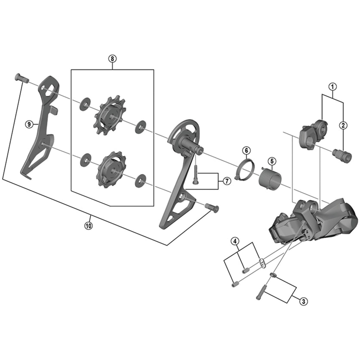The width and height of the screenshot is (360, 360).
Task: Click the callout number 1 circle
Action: [332, 85]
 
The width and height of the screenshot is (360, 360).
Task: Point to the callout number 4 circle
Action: [235, 241]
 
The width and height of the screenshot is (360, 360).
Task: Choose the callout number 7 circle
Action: [226, 181]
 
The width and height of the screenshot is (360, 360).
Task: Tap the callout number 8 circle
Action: [112, 58]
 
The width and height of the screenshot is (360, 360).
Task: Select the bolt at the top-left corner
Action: [21, 79]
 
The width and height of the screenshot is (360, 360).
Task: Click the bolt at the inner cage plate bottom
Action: [211, 207]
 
